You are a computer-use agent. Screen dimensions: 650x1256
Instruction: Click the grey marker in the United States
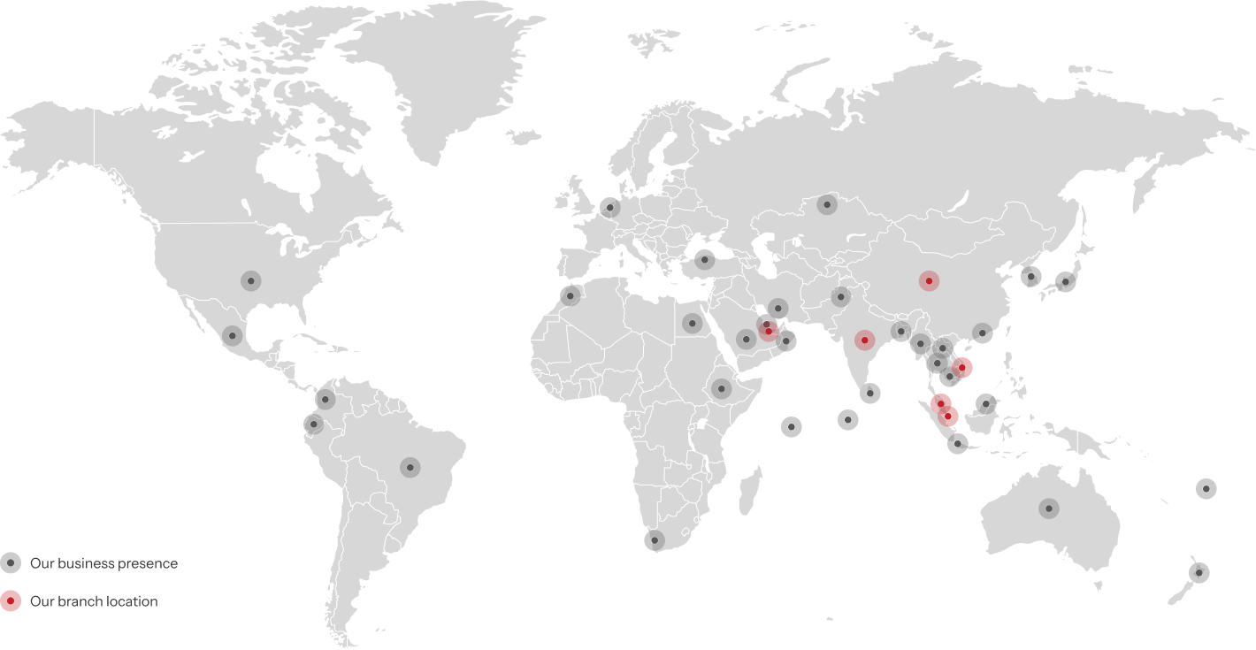(x=251, y=281)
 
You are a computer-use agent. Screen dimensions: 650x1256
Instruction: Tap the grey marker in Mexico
(x=233, y=336)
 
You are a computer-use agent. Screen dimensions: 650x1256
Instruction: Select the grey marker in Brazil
(x=410, y=467)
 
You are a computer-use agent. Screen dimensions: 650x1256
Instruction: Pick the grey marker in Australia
(x=1049, y=509)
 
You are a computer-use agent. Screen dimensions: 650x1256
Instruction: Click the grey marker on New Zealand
(x=1199, y=573)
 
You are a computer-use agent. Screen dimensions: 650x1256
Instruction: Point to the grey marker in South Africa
(x=655, y=539)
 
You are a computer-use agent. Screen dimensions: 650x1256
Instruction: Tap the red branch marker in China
(x=928, y=281)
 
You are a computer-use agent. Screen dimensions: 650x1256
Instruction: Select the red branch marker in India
(x=864, y=340)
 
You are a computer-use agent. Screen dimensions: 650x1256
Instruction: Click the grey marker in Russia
(x=827, y=205)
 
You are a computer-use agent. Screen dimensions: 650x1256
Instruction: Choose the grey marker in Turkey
(x=704, y=260)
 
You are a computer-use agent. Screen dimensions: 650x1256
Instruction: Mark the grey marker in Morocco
(x=571, y=296)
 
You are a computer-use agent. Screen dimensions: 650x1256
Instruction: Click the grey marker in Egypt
(x=693, y=323)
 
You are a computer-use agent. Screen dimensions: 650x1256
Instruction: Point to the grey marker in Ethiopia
(x=722, y=388)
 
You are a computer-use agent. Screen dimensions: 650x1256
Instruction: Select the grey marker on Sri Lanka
(x=870, y=394)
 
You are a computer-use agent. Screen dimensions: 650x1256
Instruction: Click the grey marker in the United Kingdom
(x=609, y=208)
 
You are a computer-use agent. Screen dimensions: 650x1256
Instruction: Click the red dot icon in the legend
(x=11, y=601)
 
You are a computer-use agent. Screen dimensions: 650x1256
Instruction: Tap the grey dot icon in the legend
(x=11, y=563)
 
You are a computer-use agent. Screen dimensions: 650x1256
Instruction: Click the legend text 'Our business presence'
(x=103, y=563)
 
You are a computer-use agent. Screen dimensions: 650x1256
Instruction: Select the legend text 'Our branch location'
(x=94, y=601)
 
